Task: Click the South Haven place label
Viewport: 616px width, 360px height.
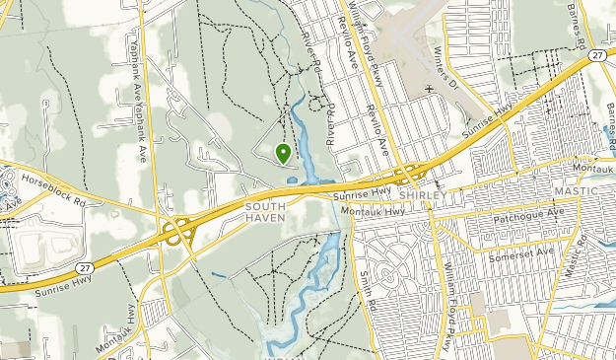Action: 265,211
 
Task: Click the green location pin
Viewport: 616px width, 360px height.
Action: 283,152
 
